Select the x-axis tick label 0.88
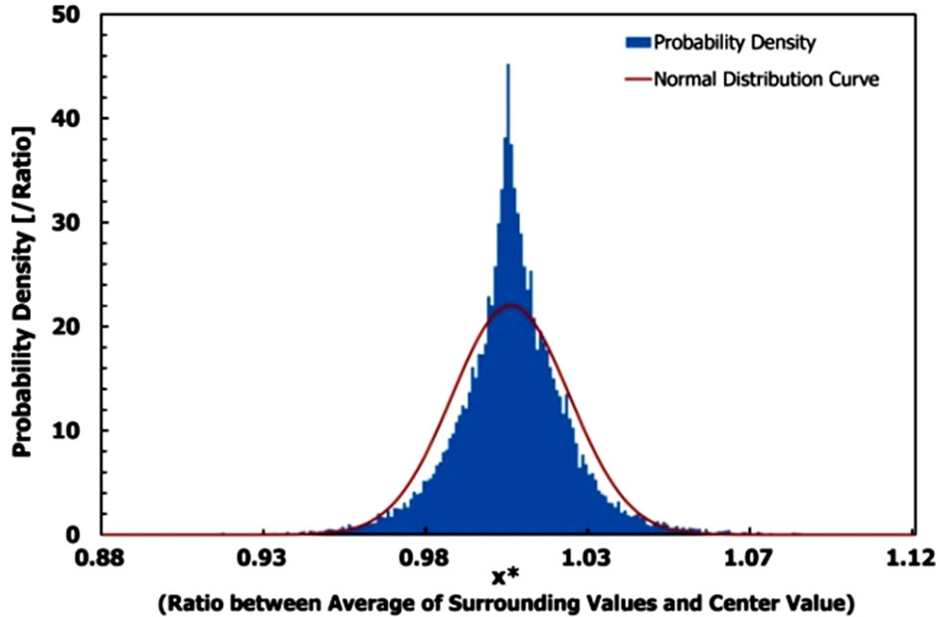(101, 558)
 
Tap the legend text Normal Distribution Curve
(766, 78)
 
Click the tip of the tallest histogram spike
(507, 66)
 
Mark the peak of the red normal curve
(508, 305)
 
